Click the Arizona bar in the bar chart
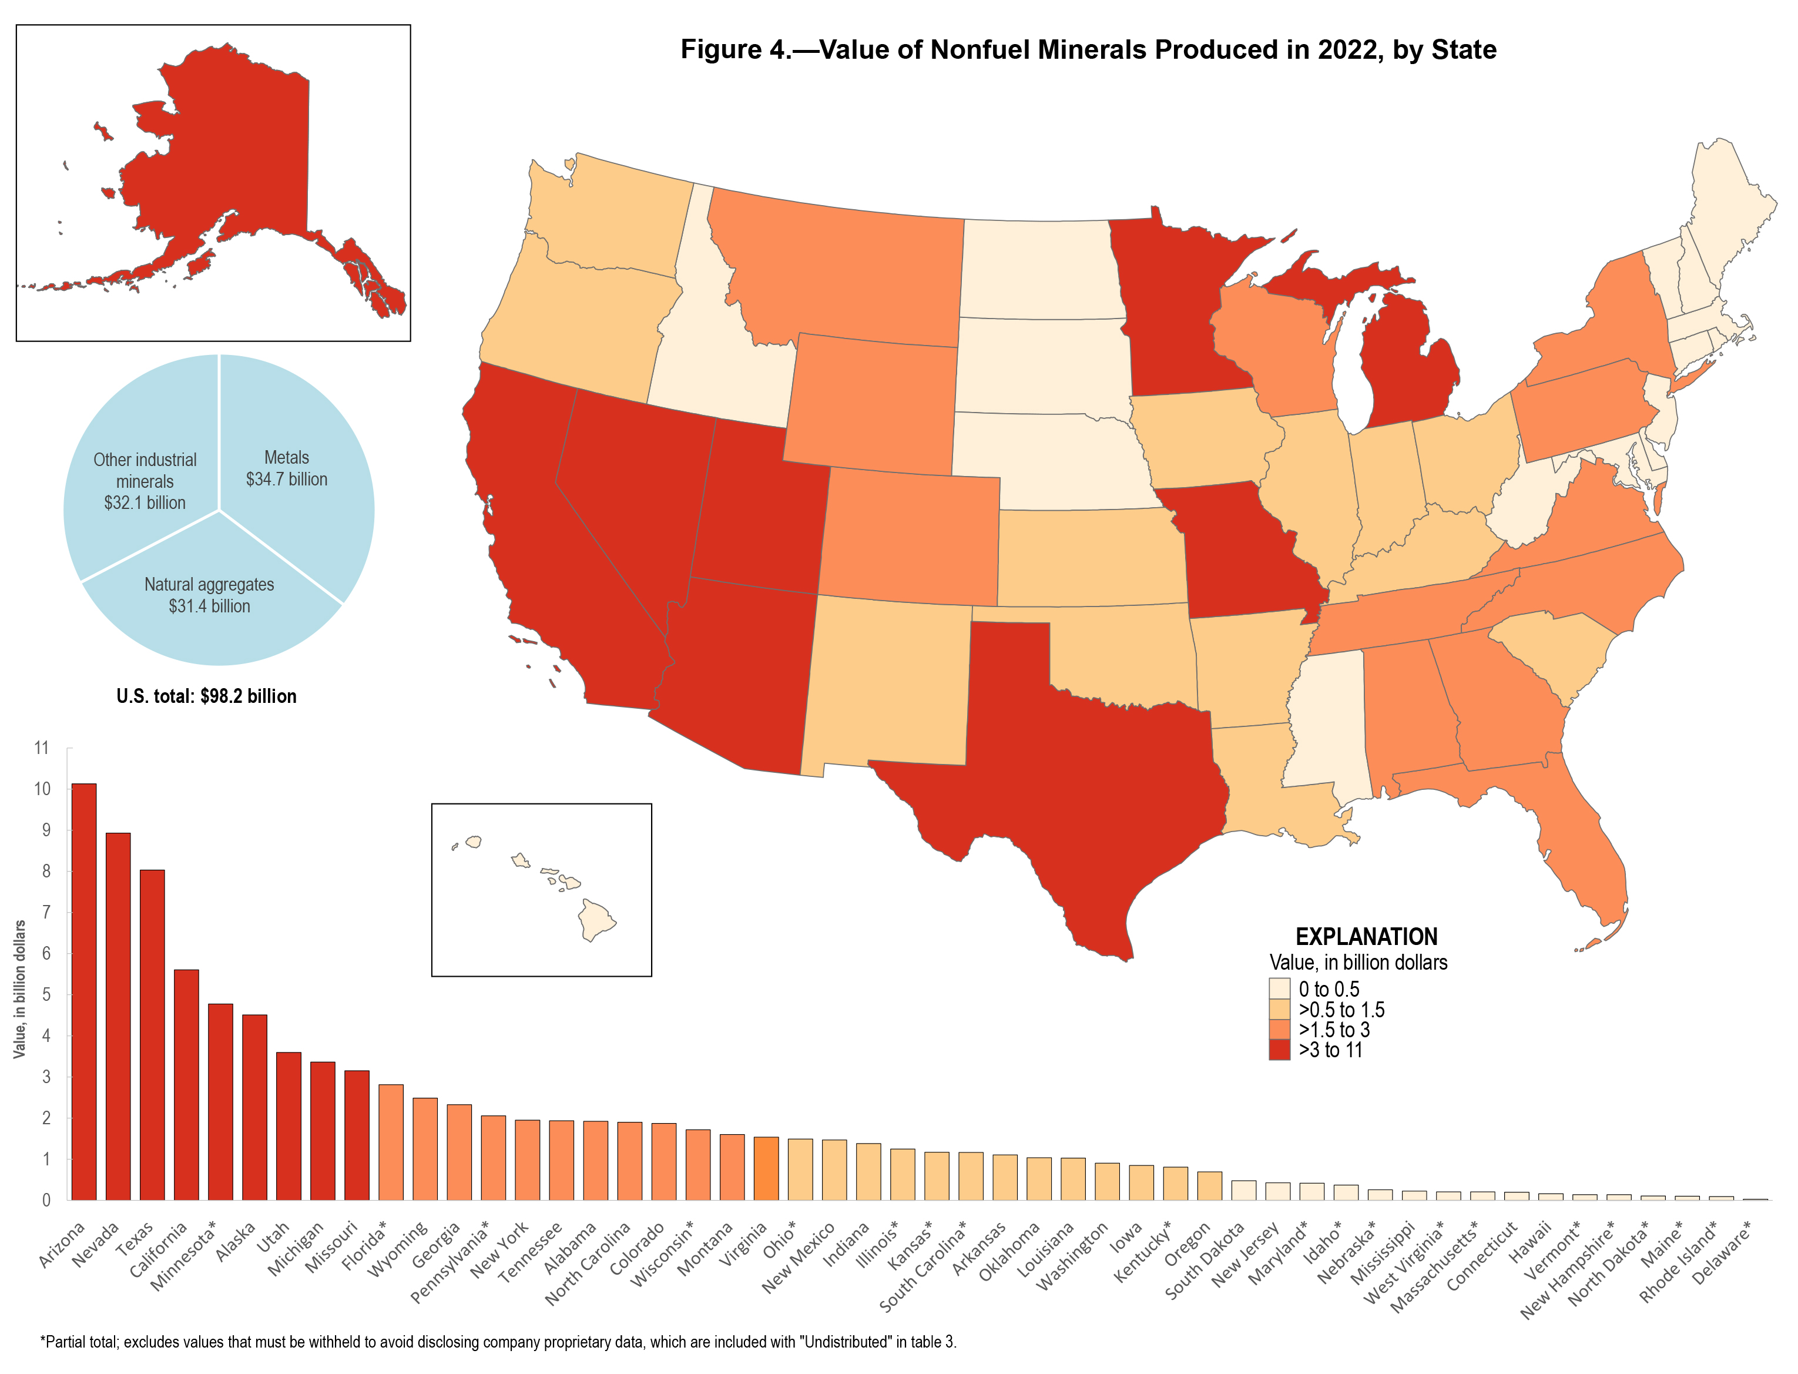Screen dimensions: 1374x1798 click(84, 991)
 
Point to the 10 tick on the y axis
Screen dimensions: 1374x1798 click(42, 789)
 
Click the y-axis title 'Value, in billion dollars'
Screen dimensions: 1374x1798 click(19, 989)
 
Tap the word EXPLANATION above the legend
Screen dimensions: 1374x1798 click(1366, 936)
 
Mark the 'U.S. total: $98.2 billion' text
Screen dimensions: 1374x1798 click(206, 696)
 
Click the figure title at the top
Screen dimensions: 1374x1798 click(1088, 50)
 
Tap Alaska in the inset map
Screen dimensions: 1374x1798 click(229, 163)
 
